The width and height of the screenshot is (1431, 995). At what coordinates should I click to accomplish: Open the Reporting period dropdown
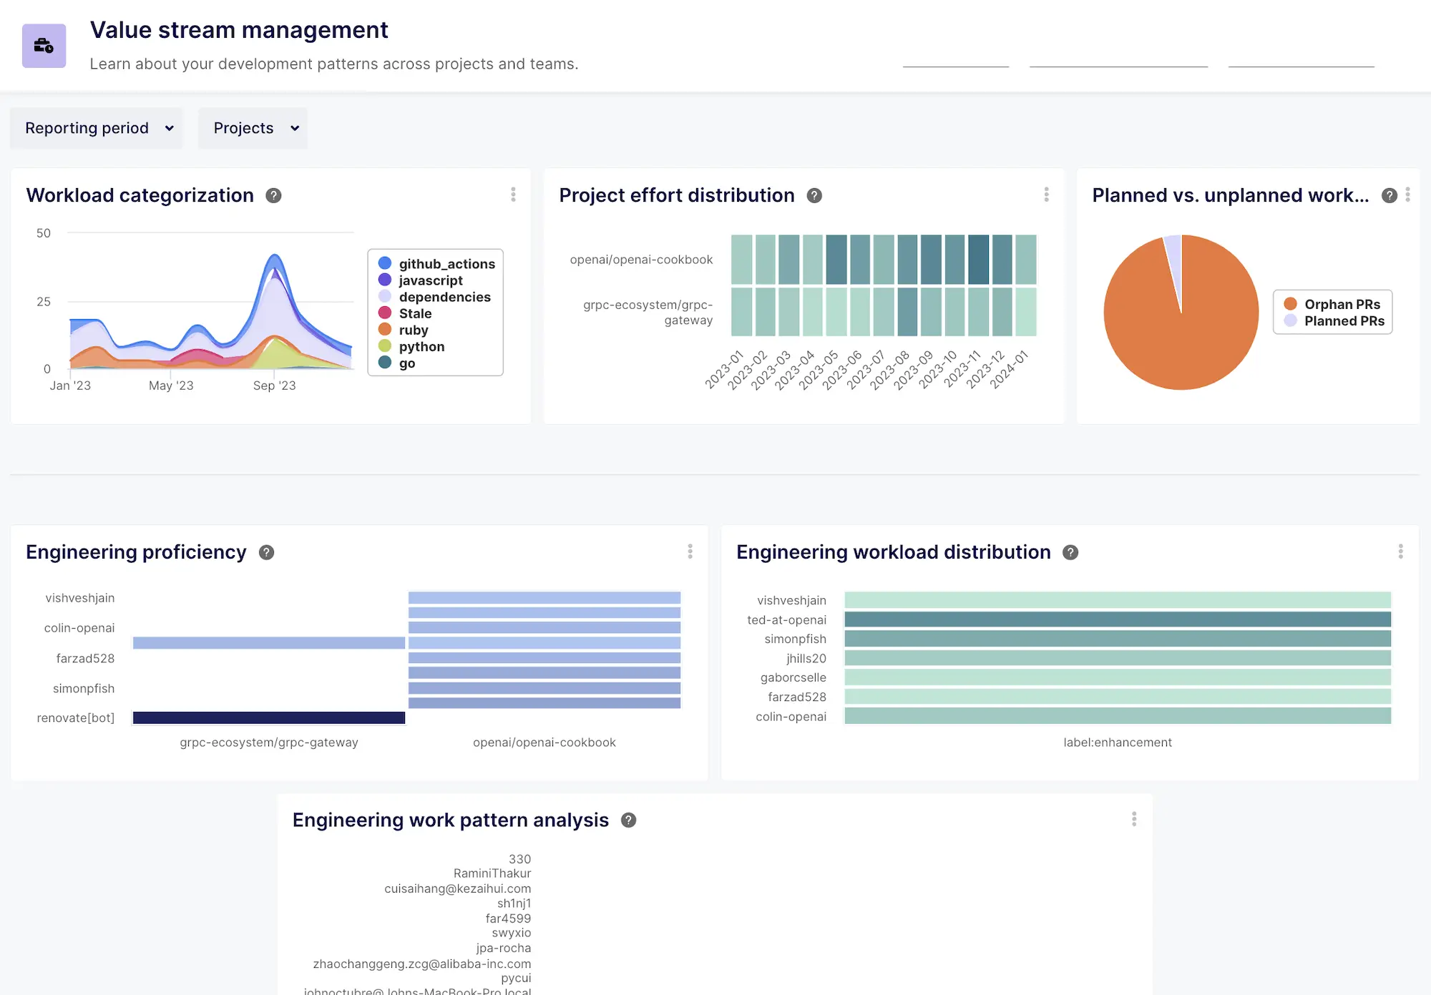pyautogui.click(x=97, y=128)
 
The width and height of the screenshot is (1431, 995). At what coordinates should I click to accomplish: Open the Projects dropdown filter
pyautogui.click(x=253, y=128)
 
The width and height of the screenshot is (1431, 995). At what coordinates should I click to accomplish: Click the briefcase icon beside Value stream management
pyautogui.click(x=44, y=46)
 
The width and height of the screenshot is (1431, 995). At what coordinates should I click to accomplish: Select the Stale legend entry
pyautogui.click(x=414, y=313)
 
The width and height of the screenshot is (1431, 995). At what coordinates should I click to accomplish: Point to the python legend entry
pyautogui.click(x=421, y=346)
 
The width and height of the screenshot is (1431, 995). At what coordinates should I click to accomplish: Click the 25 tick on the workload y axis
pyautogui.click(x=44, y=301)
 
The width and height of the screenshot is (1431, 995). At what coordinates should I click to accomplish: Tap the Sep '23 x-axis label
pyautogui.click(x=274, y=386)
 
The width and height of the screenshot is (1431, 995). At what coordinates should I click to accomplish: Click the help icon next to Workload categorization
pyautogui.click(x=273, y=195)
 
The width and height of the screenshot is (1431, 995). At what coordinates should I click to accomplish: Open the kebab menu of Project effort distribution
pyautogui.click(x=1046, y=195)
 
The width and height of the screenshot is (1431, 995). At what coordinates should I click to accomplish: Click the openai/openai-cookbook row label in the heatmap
pyautogui.click(x=641, y=260)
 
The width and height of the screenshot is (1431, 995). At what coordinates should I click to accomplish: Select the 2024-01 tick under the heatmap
pyautogui.click(x=1009, y=370)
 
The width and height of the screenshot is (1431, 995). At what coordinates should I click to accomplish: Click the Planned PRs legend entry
pyautogui.click(x=1343, y=321)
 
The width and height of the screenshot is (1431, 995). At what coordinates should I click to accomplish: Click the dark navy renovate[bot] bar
pyautogui.click(x=269, y=717)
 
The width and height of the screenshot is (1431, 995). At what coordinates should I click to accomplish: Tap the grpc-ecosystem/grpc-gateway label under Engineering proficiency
pyautogui.click(x=269, y=742)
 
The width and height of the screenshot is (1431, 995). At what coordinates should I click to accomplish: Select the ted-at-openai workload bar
pyautogui.click(x=1118, y=619)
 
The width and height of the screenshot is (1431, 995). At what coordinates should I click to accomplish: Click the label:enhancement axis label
pyautogui.click(x=1118, y=742)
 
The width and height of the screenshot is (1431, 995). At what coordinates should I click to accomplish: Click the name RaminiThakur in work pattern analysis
pyautogui.click(x=492, y=873)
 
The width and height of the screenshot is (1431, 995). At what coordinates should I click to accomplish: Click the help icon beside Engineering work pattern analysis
pyautogui.click(x=628, y=820)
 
